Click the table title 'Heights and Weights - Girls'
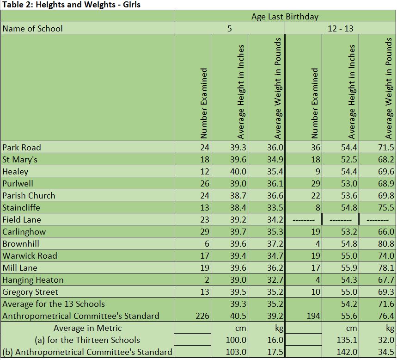point(71,5)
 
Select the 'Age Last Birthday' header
point(285,17)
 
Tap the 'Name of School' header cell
point(32,29)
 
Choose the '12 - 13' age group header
point(340,29)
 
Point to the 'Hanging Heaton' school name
point(33,280)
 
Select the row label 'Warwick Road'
point(30,256)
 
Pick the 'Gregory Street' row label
point(30,292)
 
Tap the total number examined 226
point(202,316)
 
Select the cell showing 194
point(313,316)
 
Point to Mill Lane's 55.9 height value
point(349,268)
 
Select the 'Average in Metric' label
point(87,328)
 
